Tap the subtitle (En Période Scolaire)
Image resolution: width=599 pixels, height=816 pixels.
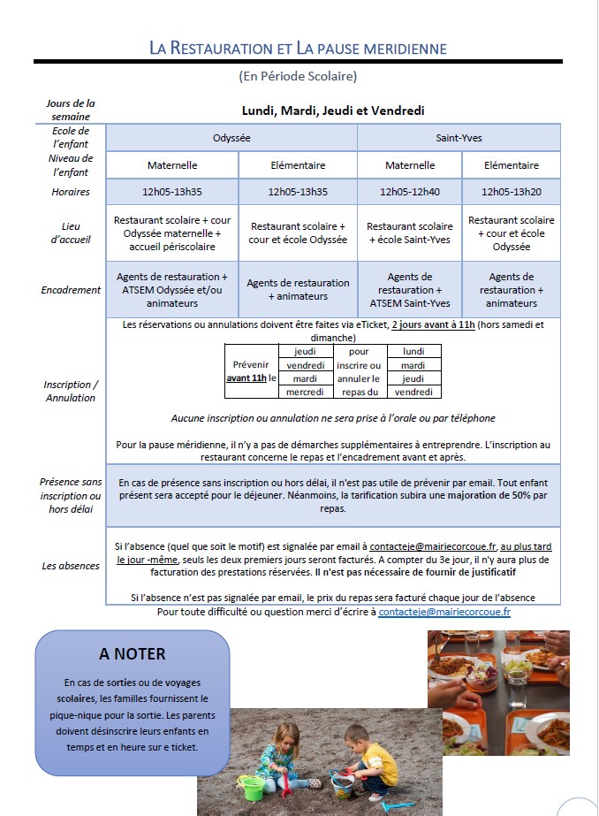[298, 76]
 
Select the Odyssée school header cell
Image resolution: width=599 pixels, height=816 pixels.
[231, 138]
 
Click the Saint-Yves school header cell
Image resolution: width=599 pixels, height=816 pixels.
[459, 138]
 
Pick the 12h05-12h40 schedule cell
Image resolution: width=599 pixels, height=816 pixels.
[409, 191]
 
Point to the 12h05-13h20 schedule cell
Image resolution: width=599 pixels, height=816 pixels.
[512, 191]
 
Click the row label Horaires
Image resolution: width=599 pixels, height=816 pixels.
[71, 192]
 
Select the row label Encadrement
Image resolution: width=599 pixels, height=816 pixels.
[71, 289]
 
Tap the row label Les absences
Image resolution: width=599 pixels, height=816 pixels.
[71, 565]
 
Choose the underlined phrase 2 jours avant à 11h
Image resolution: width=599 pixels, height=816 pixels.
[433, 324]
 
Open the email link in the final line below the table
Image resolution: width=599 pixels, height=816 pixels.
[444, 612]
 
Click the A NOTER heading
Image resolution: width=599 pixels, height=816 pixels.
[133, 654]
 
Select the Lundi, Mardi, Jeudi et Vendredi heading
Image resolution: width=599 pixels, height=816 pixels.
[333, 111]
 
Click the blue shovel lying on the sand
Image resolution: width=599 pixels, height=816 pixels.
[396, 805]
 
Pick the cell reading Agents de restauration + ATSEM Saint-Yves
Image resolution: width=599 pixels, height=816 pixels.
[409, 290]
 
